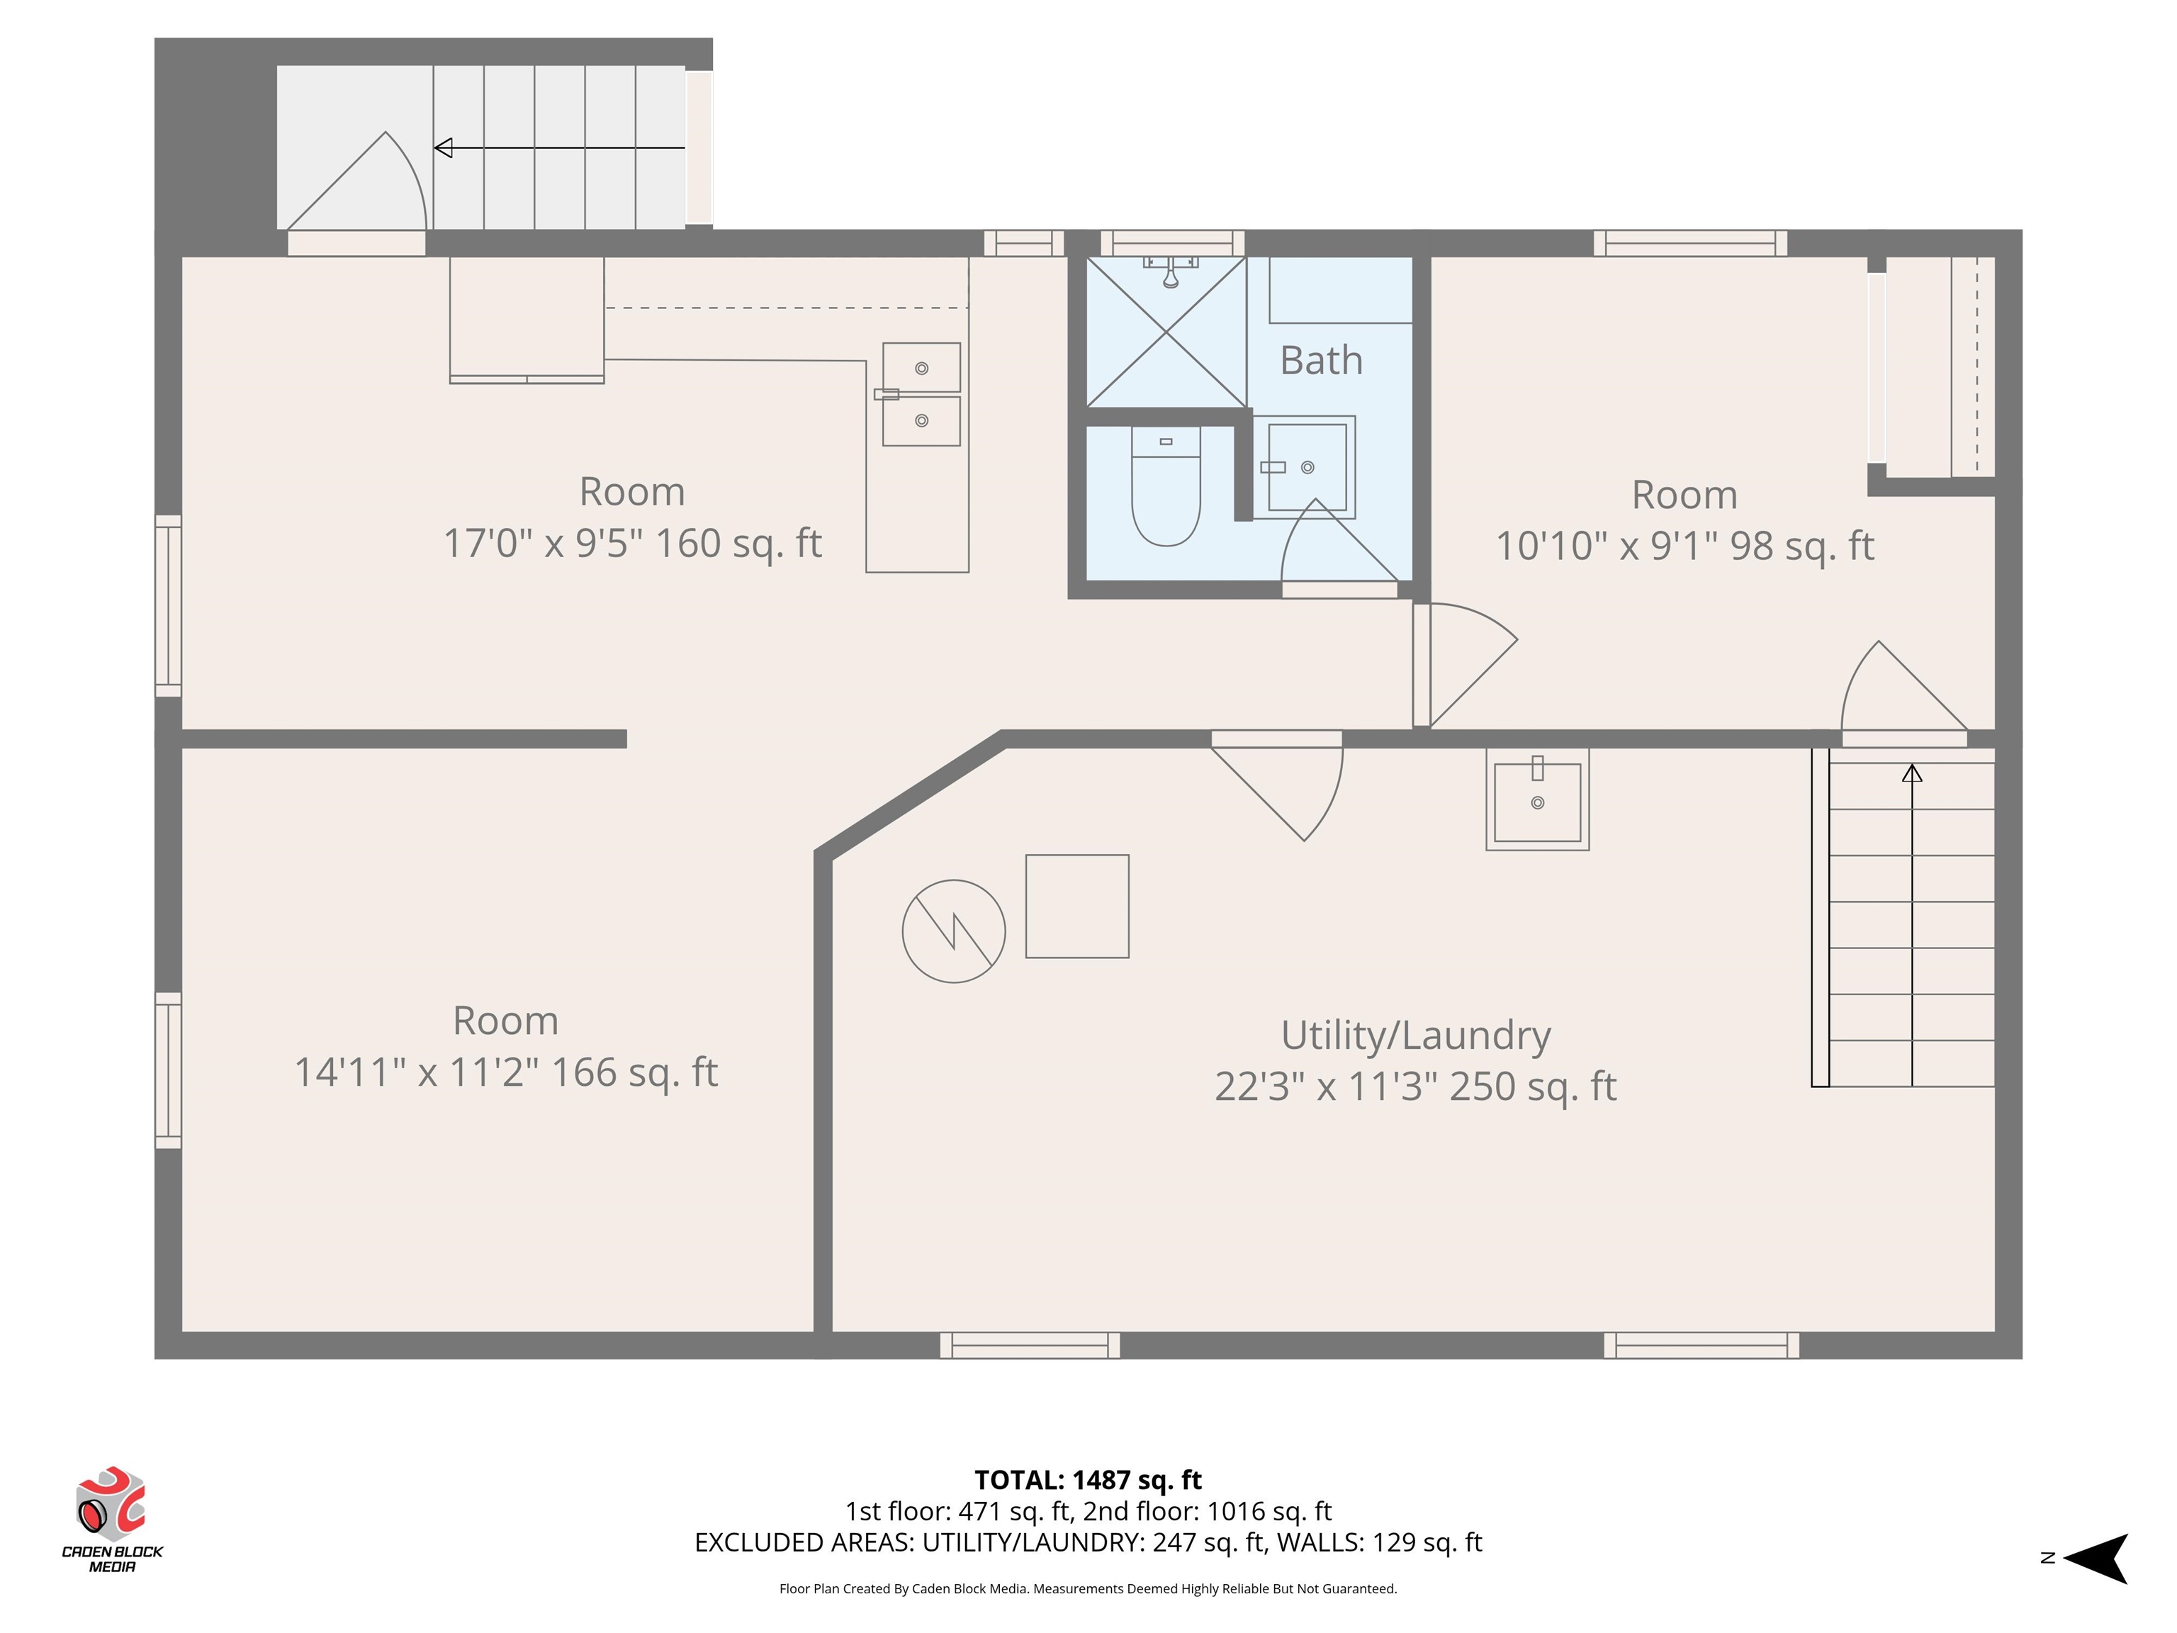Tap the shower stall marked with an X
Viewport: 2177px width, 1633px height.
pyautogui.click(x=1166, y=332)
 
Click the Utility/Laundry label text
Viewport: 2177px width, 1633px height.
pyautogui.click(x=1415, y=1036)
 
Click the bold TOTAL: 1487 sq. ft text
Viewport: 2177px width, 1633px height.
pyautogui.click(x=1088, y=1479)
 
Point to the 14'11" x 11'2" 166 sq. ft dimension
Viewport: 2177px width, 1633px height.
pyautogui.click(x=506, y=1072)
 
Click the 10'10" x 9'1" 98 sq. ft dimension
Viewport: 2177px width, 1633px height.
pyautogui.click(x=1685, y=545)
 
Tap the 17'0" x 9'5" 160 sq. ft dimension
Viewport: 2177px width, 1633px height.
pyautogui.click(x=632, y=542)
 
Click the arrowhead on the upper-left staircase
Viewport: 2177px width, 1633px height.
pyautogui.click(x=444, y=147)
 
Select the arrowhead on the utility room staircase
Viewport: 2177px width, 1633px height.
pyautogui.click(x=1911, y=774)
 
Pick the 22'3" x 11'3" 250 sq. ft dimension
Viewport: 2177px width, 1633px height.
pyautogui.click(x=1415, y=1087)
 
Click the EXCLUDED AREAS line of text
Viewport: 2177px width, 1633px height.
pyautogui.click(x=1088, y=1542)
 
